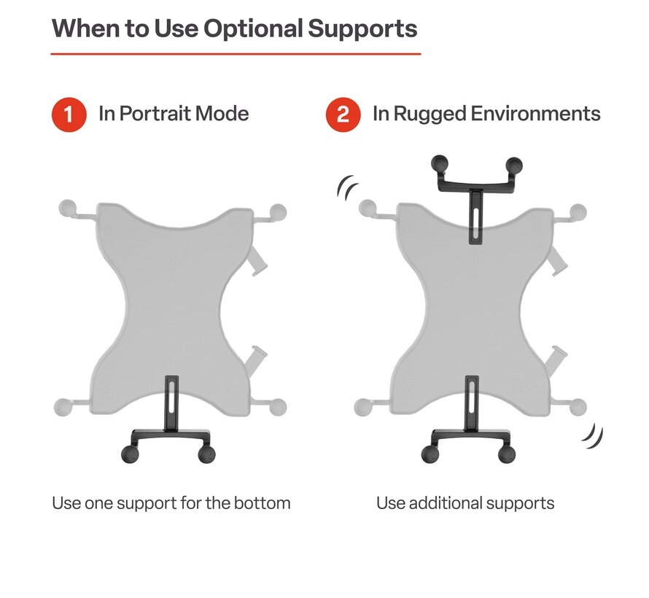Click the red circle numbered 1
tap(69, 114)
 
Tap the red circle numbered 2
tap(343, 114)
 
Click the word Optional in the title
tap(253, 29)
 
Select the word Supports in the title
tap(362, 29)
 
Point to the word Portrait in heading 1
tap(155, 114)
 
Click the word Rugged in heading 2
tap(430, 114)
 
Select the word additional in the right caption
tap(446, 503)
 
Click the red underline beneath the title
tap(236, 54)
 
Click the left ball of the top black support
tap(440, 164)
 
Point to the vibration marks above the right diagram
tap(347, 187)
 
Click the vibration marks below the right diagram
tap(593, 437)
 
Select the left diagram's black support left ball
tap(131, 454)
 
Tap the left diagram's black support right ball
tap(206, 454)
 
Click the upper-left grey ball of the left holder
tap(68, 208)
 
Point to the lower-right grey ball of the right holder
tap(578, 407)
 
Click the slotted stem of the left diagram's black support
tap(172, 403)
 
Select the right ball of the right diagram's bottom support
tap(507, 454)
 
